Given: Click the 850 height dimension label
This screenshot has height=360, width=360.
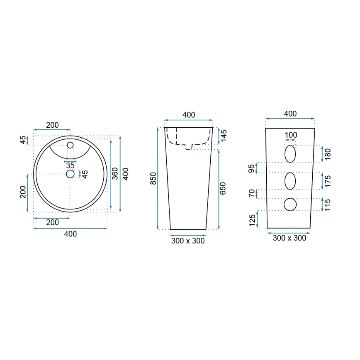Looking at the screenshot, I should point(153,178).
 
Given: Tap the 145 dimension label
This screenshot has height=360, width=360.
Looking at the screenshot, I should point(224,135).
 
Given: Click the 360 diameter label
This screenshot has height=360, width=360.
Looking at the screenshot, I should point(115,173).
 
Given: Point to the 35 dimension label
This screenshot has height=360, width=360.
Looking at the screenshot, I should point(70,165).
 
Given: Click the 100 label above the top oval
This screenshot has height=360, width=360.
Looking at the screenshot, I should point(291,135).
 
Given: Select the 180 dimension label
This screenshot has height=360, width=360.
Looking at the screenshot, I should point(328,154).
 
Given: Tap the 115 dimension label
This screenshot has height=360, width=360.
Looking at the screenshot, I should point(328,204).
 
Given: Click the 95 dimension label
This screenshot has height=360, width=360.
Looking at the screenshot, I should point(251,168).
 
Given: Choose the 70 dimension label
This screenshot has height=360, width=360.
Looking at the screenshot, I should point(251,194).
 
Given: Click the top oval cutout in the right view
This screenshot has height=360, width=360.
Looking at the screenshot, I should point(290,154).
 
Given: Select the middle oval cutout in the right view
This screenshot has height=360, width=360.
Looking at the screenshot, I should point(290,181).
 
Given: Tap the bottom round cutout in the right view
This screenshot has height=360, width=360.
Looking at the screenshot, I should point(290,204).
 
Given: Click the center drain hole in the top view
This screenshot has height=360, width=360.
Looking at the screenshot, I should point(70,174).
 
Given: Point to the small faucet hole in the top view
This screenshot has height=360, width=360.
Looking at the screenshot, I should point(70,145).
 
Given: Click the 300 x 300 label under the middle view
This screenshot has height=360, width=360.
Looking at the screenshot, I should point(188,241).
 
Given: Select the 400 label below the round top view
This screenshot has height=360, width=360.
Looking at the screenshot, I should point(71,234).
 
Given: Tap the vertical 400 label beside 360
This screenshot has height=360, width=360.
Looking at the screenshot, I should point(125,173).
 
